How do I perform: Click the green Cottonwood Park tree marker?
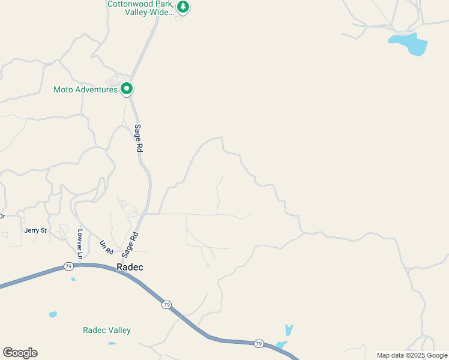183,7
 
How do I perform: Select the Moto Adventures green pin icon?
127,89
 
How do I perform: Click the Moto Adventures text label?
85,90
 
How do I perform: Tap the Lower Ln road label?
79,240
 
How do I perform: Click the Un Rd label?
106,247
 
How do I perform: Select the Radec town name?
130,267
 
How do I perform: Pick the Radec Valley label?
106,331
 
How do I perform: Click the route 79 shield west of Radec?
68,266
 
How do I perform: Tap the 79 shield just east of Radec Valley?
166,305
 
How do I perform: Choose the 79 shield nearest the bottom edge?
258,344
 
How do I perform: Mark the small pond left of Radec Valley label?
53,314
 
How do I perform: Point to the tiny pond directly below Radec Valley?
112,344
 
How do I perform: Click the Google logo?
20,353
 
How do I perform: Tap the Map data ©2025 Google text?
412,355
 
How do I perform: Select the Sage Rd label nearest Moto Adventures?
138,138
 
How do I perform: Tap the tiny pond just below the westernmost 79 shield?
73,279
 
